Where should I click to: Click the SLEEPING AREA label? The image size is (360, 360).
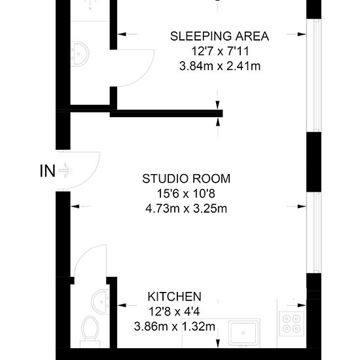tap(219, 36)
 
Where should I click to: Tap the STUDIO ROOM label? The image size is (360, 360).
tap(186, 179)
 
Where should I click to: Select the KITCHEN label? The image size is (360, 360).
tap(175, 297)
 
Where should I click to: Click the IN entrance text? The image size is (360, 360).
tap(48, 171)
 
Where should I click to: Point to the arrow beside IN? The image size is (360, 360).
tap(65, 170)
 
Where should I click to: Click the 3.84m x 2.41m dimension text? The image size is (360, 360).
tap(220, 66)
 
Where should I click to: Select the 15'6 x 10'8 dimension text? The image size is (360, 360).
tap(186, 194)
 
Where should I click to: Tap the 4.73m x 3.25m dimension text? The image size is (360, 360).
tap(186, 209)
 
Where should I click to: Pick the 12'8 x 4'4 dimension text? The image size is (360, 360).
tap(174, 312)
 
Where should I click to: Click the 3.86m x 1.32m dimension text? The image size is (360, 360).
tap(175, 327)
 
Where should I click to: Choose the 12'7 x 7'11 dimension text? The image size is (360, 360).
tap(220, 51)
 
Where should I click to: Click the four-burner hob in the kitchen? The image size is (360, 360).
tap(291, 324)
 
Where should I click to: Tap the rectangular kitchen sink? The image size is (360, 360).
tap(243, 333)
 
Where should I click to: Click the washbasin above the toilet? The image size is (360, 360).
tap(100, 301)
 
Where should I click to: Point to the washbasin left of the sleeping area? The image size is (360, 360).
tap(80, 54)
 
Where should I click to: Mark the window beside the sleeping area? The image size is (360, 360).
tap(314, 75)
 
